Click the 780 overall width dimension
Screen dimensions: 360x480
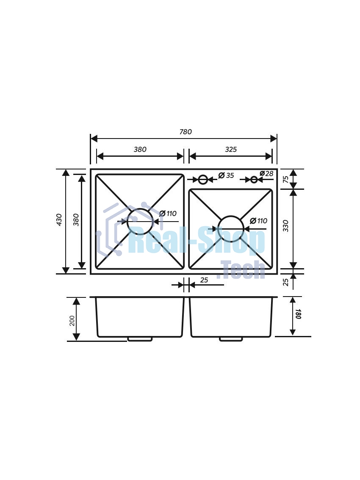point(186,132)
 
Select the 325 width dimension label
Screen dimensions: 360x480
point(231,150)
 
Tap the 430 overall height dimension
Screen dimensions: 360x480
point(59,220)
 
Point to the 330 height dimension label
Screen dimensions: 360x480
point(285,226)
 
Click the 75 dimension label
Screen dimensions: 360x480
point(285,179)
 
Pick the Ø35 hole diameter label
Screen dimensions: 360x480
point(226,175)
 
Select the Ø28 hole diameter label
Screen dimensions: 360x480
point(266,174)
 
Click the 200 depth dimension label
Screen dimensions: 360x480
point(72,321)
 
